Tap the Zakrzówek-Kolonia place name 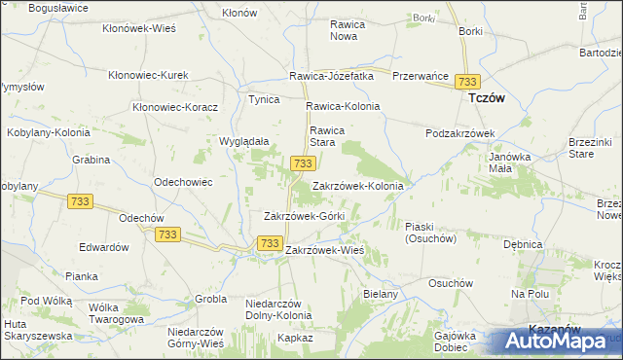(x=357, y=185)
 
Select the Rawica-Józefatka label (x=331, y=76)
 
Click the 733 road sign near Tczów (x=469, y=82)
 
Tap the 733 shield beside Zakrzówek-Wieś (x=270, y=243)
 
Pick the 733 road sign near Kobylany (x=81, y=200)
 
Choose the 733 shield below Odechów (x=167, y=234)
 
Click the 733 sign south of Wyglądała (x=302, y=163)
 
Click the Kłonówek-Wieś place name (x=139, y=28)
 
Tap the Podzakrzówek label (x=461, y=133)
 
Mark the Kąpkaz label (x=295, y=338)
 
